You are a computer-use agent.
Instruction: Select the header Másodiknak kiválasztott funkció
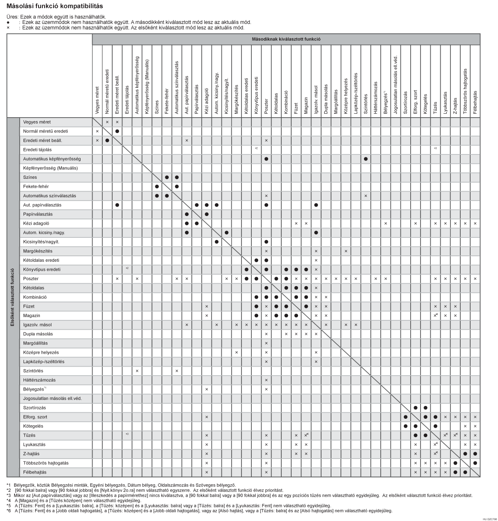(286, 39)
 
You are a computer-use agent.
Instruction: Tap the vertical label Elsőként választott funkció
(12, 297)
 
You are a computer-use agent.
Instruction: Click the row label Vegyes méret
(37, 122)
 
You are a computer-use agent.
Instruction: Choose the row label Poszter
(31, 278)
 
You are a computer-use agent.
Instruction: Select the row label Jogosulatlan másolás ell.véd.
(52, 398)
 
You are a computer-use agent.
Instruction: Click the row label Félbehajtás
(35, 472)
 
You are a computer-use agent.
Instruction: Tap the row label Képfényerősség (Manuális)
(51, 168)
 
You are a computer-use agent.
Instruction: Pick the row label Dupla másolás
(38, 334)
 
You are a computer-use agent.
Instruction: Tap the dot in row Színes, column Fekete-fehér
(167, 177)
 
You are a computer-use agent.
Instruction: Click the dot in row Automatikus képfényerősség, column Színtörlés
(366, 159)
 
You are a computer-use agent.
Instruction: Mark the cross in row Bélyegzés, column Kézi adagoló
(206, 389)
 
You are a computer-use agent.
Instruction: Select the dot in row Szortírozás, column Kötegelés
(425, 408)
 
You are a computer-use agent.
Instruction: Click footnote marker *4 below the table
(9, 500)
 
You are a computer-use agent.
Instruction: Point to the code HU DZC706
(489, 518)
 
